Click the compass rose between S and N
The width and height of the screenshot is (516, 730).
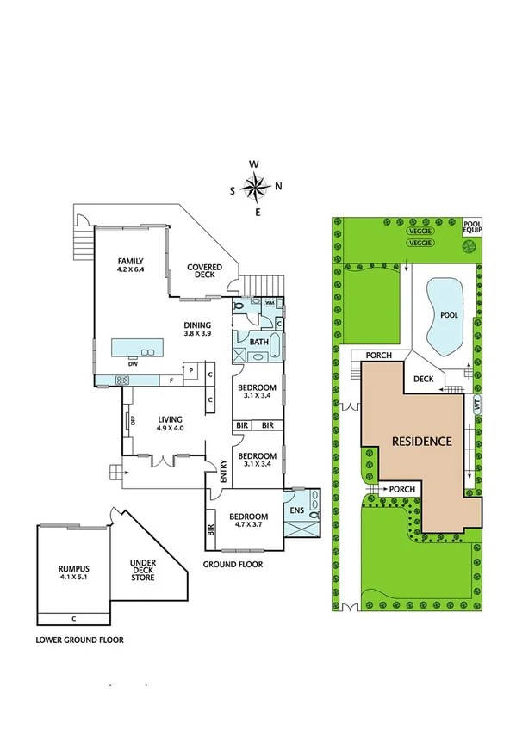tap(255, 186)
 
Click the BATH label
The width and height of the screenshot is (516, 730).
tap(258, 342)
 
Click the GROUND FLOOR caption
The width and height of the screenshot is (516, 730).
tap(233, 565)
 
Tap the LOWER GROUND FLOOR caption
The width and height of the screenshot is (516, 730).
tap(79, 640)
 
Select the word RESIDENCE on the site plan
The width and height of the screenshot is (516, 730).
tap(422, 442)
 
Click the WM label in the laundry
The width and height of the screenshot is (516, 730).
tap(269, 303)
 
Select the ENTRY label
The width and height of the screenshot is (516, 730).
tap(223, 470)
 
